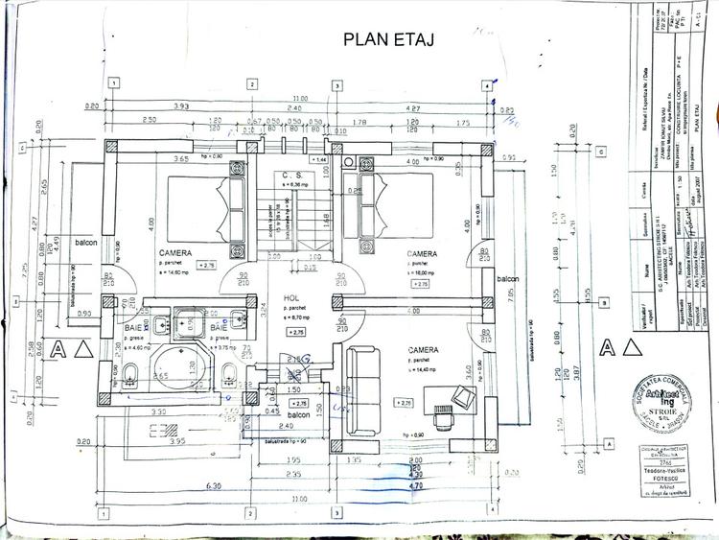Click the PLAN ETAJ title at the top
pos(387,38)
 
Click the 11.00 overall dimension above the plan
pos(300,98)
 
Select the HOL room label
pos(291,298)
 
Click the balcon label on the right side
pos(507,278)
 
